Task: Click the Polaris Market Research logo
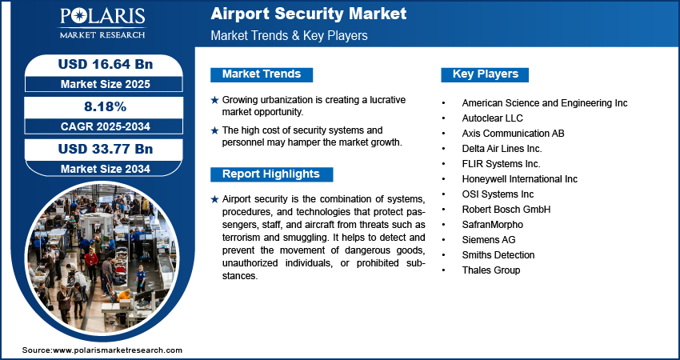tap(102, 22)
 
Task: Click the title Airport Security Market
tap(308, 14)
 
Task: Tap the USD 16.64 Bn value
tap(106, 64)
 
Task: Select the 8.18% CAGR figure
tap(105, 106)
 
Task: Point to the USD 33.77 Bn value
tap(106, 150)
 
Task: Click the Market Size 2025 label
tap(105, 84)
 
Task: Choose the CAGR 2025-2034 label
tap(105, 126)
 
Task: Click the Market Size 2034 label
tap(105, 169)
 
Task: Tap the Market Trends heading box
tap(262, 74)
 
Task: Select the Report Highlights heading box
tap(271, 174)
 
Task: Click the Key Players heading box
tap(485, 74)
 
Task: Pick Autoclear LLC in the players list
tap(492, 118)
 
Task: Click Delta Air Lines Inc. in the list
tap(502, 149)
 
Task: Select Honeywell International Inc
tap(519, 178)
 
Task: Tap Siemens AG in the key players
tap(488, 240)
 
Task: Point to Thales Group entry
tap(491, 270)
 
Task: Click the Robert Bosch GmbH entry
tap(506, 210)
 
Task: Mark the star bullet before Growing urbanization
tap(214, 100)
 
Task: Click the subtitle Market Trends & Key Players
tap(289, 35)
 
